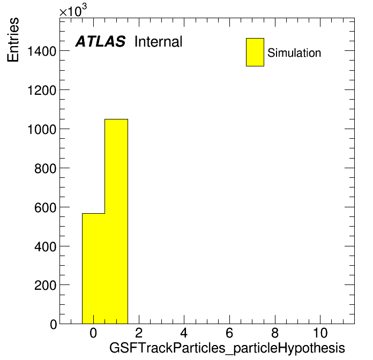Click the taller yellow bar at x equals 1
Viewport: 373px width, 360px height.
point(116,221)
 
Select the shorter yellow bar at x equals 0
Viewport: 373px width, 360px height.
point(93,268)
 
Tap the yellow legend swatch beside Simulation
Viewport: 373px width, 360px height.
point(255,52)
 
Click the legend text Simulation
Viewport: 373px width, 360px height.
point(294,53)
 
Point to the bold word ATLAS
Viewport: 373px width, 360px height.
point(100,41)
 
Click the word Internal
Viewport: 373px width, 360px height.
point(159,42)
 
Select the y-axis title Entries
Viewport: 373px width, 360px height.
point(13,40)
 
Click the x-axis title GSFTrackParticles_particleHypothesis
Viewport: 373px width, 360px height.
point(227,348)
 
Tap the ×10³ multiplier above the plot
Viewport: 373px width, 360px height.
point(73,11)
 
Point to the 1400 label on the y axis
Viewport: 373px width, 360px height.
point(42,51)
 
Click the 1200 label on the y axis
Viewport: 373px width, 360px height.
point(42,91)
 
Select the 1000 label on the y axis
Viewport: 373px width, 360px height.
point(42,130)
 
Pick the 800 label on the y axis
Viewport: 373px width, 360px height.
point(46,169)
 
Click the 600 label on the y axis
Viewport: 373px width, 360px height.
point(46,207)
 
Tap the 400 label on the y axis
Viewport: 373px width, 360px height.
point(46,247)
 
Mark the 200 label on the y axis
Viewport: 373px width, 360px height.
point(46,286)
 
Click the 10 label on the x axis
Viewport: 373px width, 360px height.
point(320,333)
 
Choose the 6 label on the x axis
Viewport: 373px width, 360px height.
point(229,333)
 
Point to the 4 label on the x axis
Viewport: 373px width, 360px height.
point(184,333)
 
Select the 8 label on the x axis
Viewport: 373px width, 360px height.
point(275,333)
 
